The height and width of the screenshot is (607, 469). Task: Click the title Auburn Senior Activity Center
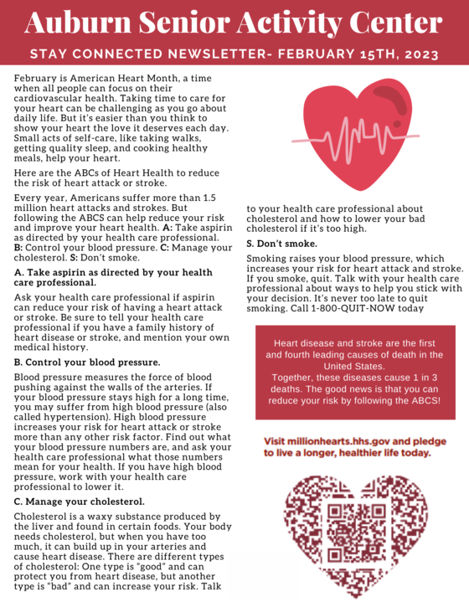coord(234,23)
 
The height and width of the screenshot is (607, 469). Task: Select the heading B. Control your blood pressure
coord(87,362)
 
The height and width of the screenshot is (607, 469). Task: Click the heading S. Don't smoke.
coord(281,243)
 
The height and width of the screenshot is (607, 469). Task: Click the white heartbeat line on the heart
coord(352,136)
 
